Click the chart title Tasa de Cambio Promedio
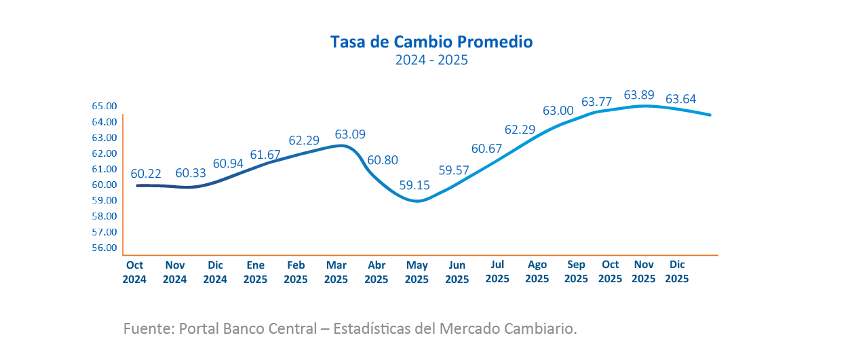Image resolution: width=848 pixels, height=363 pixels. [431, 42]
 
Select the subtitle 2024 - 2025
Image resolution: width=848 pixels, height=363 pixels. [431, 60]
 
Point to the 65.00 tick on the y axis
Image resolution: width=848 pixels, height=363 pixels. [104, 106]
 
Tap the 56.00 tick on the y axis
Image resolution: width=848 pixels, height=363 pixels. [104, 248]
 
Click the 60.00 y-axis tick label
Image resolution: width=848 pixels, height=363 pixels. [104, 185]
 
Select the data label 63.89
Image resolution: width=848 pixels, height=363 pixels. [638, 95]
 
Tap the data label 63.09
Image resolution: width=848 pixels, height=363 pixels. [349, 134]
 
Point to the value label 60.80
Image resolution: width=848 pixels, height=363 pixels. [383, 161]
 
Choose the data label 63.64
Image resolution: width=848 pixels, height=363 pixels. [680, 99]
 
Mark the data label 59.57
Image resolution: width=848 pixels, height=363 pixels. [455, 170]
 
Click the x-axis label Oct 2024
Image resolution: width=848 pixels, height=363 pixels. [134, 272]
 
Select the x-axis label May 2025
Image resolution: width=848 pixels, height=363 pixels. [417, 272]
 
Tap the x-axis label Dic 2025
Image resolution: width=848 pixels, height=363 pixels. [677, 272]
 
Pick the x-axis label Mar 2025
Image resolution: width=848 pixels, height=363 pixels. [336, 272]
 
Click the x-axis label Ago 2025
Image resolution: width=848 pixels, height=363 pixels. [537, 272]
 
